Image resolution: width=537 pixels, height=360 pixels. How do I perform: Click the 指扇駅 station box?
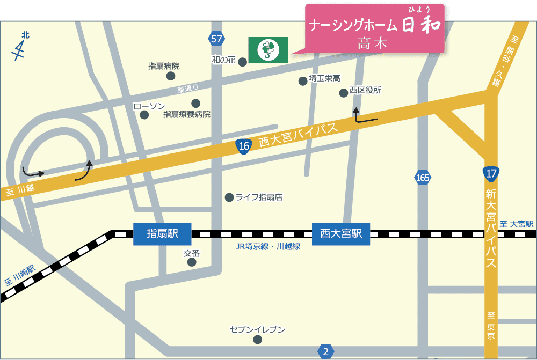tap(162, 234)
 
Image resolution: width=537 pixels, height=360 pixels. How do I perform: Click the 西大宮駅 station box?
tap(341, 234)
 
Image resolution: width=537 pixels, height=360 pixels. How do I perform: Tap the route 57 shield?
tap(216, 39)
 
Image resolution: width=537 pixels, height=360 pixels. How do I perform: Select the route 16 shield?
tap(244, 145)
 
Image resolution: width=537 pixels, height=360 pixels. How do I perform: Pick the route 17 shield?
tap(491, 173)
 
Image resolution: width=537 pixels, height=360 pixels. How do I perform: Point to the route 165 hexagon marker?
tap(423, 177)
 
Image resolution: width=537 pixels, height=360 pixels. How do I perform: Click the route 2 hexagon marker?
tap(325, 352)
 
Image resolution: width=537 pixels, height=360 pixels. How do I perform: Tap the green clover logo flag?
tap(268, 49)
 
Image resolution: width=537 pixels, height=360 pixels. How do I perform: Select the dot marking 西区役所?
tap(344, 93)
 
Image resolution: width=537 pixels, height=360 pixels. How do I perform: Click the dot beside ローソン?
tap(144, 115)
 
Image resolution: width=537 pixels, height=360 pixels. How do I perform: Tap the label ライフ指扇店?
tap(259, 197)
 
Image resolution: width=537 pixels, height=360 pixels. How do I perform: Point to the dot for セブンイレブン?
tap(258, 340)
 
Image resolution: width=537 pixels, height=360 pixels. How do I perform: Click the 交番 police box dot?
tap(192, 262)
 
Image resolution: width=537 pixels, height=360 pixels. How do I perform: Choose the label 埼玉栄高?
tap(324, 79)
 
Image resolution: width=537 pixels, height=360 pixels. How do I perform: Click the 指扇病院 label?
tap(164, 67)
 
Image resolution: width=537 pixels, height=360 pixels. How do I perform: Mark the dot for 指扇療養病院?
tap(195, 103)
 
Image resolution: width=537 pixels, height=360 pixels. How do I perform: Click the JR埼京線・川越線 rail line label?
tap(267, 247)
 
